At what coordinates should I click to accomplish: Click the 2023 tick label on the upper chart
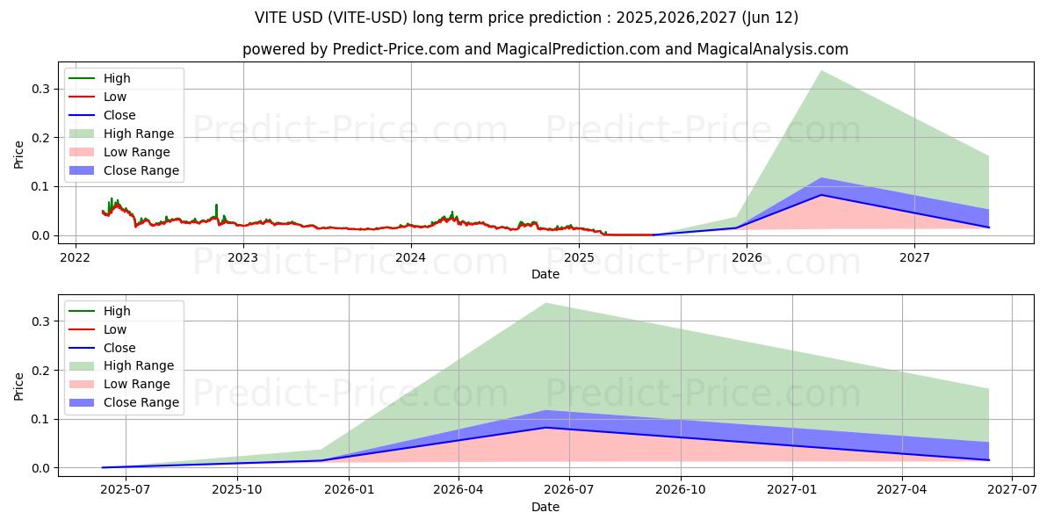click(x=242, y=257)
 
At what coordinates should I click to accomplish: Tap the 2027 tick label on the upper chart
click(x=914, y=257)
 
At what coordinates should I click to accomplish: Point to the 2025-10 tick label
click(x=237, y=490)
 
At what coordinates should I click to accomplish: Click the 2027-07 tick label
click(x=1012, y=490)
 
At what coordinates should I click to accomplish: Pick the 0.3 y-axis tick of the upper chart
click(x=40, y=89)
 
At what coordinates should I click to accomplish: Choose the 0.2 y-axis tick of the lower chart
click(x=40, y=371)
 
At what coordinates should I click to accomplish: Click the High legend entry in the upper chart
click(x=117, y=78)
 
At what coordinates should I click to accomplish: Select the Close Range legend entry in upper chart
click(x=141, y=170)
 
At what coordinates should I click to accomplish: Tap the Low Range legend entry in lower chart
click(x=138, y=384)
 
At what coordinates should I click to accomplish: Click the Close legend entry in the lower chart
click(x=119, y=348)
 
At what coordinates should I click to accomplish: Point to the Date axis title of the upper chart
click(x=545, y=274)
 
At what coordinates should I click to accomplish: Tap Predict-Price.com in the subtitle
click(x=395, y=50)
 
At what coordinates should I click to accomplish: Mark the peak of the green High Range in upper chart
click(x=821, y=71)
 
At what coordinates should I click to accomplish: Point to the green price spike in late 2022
click(x=216, y=206)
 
